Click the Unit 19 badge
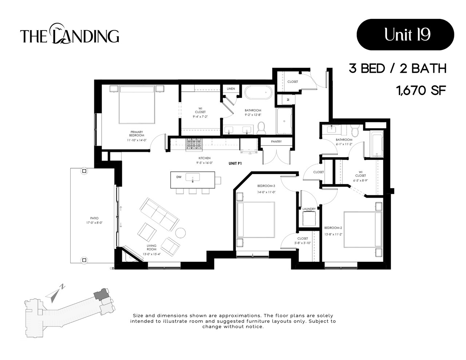(405, 35)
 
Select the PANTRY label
(276, 142)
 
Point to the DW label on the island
(179, 177)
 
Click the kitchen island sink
(192, 178)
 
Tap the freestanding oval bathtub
(258, 92)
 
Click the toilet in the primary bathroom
(261, 128)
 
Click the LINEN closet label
(231, 89)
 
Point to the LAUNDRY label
(309, 209)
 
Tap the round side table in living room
(181, 232)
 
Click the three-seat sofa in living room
(159, 214)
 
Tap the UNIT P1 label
(235, 163)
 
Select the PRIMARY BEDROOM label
(137, 134)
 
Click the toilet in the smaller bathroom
(355, 130)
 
